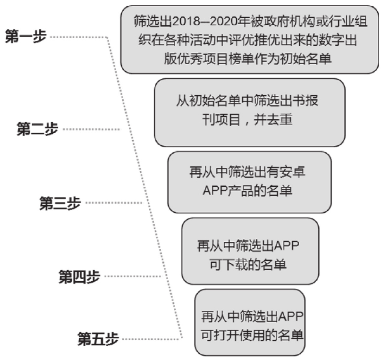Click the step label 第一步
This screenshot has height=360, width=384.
coord(26,37)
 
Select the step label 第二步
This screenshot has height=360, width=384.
coord(37,129)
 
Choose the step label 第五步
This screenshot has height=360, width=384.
coord(98,338)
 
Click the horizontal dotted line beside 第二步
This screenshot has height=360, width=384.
coord(91,130)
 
